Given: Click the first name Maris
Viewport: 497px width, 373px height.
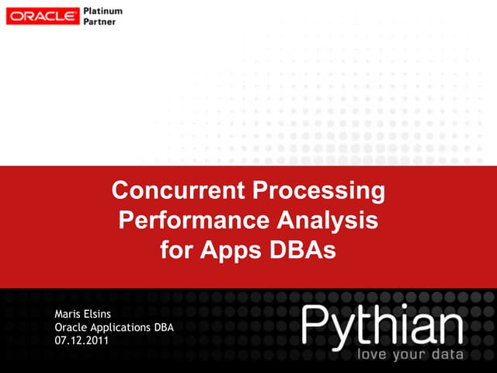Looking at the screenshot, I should [69, 314].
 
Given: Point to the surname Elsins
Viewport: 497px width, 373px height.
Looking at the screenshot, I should [105, 314].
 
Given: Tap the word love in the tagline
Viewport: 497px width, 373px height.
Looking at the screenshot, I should [372, 355].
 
